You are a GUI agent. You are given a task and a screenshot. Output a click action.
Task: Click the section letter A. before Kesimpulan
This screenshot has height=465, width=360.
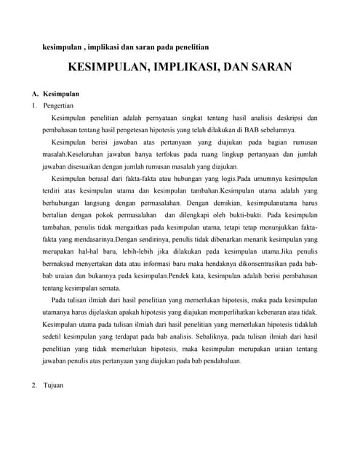pyautogui.click(x=35, y=94)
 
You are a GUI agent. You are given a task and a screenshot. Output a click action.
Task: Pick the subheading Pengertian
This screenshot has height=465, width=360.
pyautogui.click(x=62, y=105)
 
